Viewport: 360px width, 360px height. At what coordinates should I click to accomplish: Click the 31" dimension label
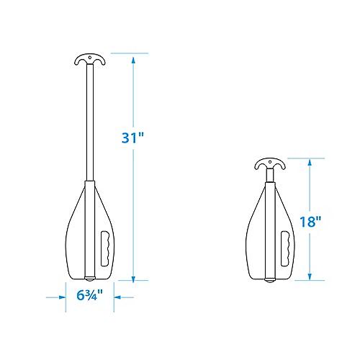click(132, 138)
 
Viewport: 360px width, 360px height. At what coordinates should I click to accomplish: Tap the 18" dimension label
click(310, 222)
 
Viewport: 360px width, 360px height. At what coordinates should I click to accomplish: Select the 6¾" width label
click(90, 295)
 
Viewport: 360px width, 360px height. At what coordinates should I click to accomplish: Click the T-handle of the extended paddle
click(90, 59)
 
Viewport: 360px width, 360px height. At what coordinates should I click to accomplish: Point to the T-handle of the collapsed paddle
click(270, 164)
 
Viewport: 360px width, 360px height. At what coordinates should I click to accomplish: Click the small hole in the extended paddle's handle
click(90, 58)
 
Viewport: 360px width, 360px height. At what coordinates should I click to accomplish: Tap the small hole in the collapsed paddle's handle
click(270, 162)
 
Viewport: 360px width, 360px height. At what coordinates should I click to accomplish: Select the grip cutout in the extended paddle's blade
click(105, 248)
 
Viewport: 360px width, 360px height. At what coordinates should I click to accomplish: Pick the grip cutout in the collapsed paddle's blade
click(285, 248)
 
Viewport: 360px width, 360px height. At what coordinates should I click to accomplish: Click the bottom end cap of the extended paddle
click(90, 279)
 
